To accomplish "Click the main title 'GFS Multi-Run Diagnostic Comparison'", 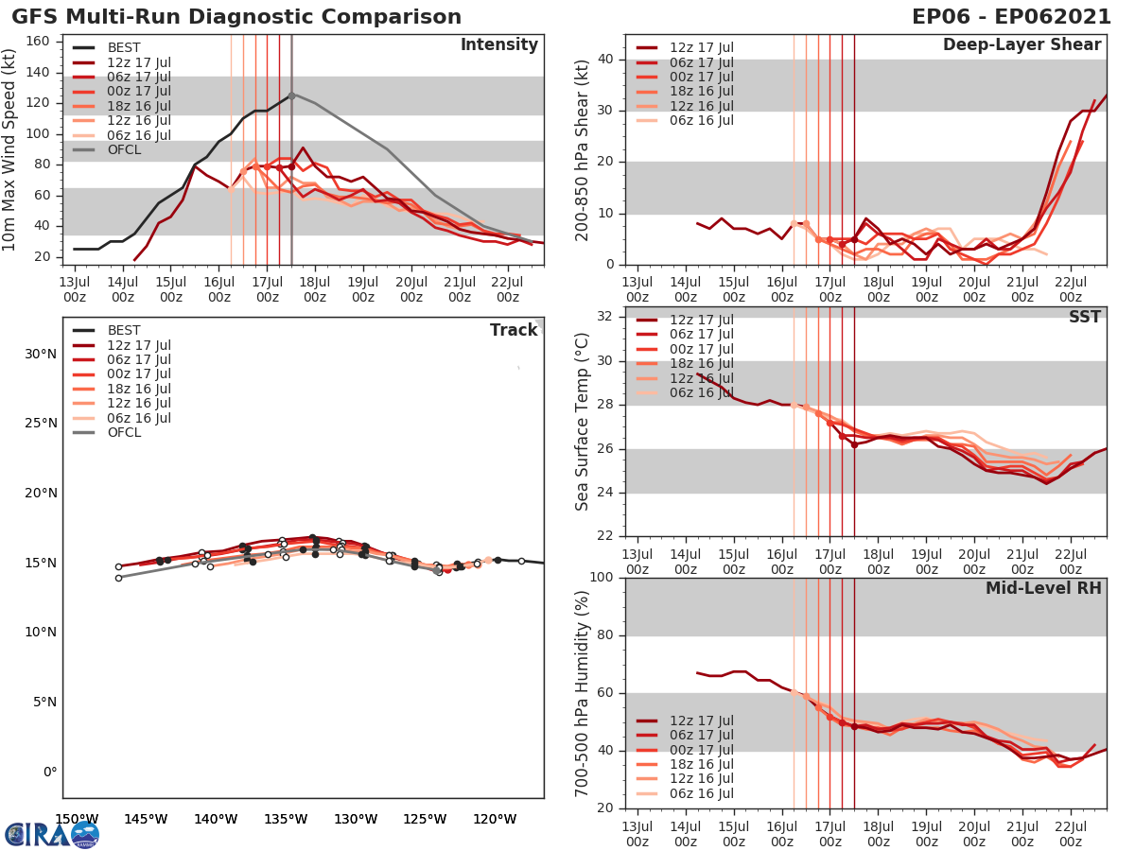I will click(236, 17).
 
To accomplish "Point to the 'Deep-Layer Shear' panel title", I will click(1021, 45).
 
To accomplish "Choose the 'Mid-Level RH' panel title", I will click(1043, 588).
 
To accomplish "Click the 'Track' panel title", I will click(514, 330).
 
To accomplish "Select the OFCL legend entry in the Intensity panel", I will click(125, 149).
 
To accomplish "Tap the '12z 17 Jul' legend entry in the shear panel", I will click(701, 48).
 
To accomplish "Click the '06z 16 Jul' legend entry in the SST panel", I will click(701, 392).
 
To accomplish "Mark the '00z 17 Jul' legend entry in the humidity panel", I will click(701, 750).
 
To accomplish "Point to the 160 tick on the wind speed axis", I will click(50, 41).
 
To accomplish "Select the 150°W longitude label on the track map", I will click(77, 820).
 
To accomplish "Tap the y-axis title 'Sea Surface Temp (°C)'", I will click(583, 421).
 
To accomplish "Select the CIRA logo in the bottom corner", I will click(51, 834).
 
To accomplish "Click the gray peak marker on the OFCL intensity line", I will click(291, 96).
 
